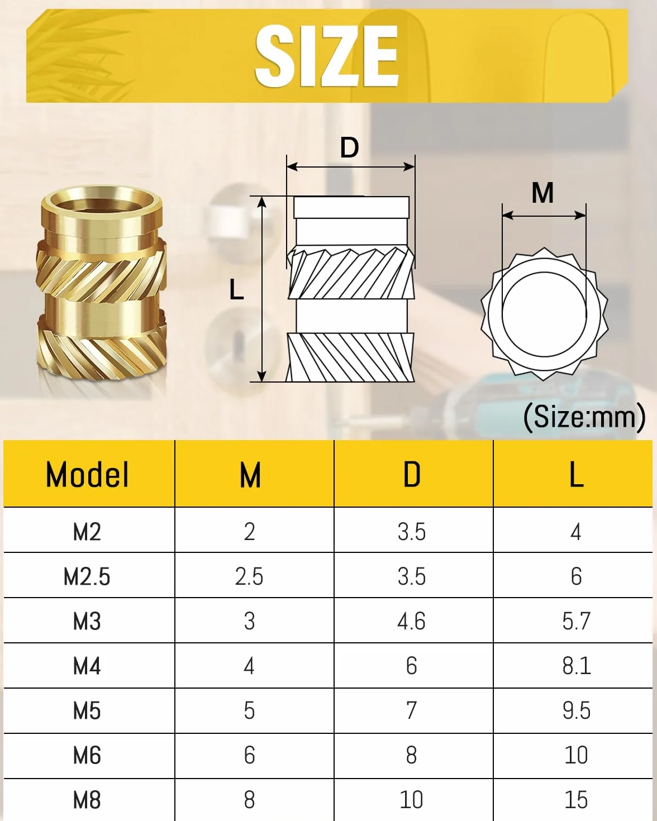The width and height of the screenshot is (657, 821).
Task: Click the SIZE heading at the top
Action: pyautogui.click(x=327, y=56)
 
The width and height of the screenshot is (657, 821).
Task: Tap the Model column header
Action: pyautogui.click(x=87, y=475)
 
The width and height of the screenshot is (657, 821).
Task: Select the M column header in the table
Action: pyautogui.click(x=250, y=475)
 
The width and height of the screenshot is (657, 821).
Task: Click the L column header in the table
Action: pyautogui.click(x=576, y=475)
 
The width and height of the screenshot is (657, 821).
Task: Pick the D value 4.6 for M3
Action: pyautogui.click(x=411, y=621)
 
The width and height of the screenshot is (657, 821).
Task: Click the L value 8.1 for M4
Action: pyautogui.click(x=576, y=666)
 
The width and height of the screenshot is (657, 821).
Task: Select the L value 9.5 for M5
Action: pyautogui.click(x=576, y=710)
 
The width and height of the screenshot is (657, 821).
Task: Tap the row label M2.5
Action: pyautogui.click(x=87, y=576)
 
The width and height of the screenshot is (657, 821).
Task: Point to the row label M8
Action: pyautogui.click(x=87, y=800)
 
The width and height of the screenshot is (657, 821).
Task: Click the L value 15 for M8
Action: pyautogui.click(x=576, y=800)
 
